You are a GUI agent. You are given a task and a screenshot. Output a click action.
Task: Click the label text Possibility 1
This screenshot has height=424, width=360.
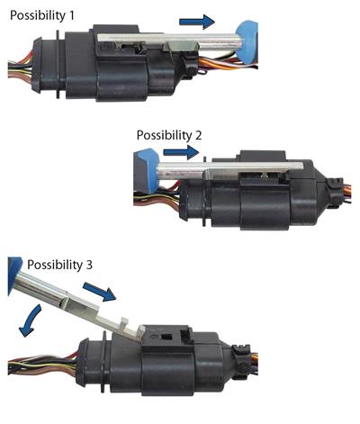(42, 15)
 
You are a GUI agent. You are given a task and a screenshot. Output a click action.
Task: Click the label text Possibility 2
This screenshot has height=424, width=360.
(169, 135)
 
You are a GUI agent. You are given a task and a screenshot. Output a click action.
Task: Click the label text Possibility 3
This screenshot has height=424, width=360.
(59, 265)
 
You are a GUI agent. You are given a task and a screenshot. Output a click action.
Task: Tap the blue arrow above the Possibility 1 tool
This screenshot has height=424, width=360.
(197, 22)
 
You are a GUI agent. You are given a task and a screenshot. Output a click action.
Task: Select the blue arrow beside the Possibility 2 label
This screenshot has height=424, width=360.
(181, 152)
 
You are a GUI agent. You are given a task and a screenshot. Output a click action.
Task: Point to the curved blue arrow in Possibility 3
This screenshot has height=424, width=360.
(30, 321)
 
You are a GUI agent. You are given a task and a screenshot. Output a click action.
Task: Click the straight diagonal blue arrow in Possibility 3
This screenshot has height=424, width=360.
(99, 291)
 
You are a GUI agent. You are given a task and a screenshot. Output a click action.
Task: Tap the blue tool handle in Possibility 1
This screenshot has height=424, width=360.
(247, 42)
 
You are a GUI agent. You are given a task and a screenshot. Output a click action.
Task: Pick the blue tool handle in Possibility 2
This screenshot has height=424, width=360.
(147, 170)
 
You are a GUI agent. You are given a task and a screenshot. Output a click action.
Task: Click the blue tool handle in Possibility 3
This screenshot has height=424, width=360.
(14, 275)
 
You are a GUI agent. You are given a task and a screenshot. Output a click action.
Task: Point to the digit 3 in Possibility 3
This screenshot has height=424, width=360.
(89, 265)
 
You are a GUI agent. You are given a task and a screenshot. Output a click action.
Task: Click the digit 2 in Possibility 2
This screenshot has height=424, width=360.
(198, 135)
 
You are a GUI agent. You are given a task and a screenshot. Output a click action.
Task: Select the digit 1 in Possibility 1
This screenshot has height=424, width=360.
(71, 15)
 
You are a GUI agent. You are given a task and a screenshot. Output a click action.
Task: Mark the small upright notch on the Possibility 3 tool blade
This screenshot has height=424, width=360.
(124, 322)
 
